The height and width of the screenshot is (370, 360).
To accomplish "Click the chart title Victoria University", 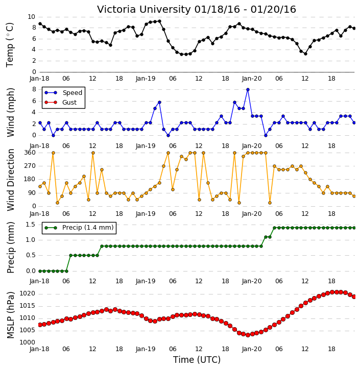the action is (144, 10).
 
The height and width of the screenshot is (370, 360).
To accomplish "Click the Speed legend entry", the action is (63, 93).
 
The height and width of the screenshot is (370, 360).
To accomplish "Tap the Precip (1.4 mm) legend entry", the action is (79, 228).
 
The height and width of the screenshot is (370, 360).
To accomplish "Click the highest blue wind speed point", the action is (248, 90).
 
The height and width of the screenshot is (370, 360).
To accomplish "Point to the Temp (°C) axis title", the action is (10, 45).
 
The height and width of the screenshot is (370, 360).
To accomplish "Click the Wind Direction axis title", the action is (11, 180).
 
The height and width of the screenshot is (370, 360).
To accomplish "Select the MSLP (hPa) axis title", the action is (11, 315).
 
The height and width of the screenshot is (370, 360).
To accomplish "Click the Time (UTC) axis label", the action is (197, 360).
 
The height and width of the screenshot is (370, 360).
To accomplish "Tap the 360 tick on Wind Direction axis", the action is (30, 153).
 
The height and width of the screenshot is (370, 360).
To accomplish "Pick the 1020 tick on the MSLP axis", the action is (27, 294).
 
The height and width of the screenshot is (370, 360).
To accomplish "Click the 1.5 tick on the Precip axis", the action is (31, 225).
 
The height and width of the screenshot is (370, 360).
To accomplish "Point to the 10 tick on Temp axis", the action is (31, 17).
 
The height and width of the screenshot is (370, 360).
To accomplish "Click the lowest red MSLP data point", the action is (248, 335).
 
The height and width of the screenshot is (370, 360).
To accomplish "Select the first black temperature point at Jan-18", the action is (40, 24).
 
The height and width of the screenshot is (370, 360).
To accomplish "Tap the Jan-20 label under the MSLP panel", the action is (252, 349).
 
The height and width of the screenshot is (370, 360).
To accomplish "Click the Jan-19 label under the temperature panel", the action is (146, 79).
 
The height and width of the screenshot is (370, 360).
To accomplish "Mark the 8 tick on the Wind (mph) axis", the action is (34, 89).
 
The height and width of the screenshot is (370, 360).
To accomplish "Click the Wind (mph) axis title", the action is (11, 113).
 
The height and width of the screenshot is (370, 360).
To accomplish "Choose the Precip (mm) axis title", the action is (11, 248).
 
